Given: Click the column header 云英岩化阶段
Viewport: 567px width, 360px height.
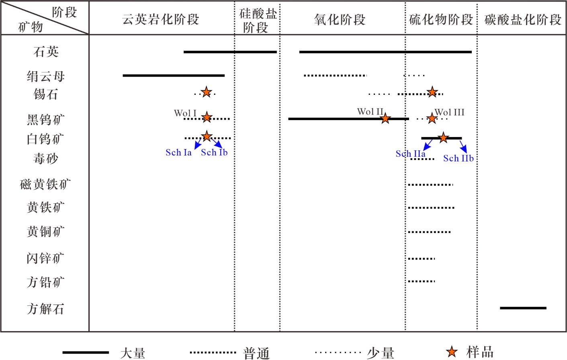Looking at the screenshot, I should (x=161, y=19).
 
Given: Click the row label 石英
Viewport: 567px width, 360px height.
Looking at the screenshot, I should (x=46, y=52).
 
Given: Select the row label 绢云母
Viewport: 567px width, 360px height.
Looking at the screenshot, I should (x=46, y=76).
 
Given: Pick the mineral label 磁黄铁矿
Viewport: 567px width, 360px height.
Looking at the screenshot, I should (x=45, y=184).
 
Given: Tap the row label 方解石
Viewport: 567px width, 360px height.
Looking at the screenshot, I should (x=45, y=309).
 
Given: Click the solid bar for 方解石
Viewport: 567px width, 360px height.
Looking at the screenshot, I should (x=523, y=308).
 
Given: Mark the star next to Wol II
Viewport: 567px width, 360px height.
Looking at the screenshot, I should (x=385, y=119).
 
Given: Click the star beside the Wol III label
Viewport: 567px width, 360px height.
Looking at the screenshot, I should (x=432, y=119).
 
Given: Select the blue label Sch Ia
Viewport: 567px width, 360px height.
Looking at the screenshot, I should (x=178, y=153).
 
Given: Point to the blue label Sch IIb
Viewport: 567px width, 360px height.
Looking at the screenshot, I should (x=458, y=158).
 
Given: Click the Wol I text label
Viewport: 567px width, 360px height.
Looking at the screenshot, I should (x=185, y=113).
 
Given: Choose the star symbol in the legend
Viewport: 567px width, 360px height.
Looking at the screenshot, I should (x=452, y=352).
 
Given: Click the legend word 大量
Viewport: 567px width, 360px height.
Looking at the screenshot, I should (x=133, y=353).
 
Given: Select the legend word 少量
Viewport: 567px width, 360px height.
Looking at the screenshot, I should (x=380, y=353).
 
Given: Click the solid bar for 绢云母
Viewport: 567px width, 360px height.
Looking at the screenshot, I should (x=174, y=76).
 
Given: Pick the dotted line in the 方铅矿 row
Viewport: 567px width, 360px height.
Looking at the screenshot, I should (x=421, y=281).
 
